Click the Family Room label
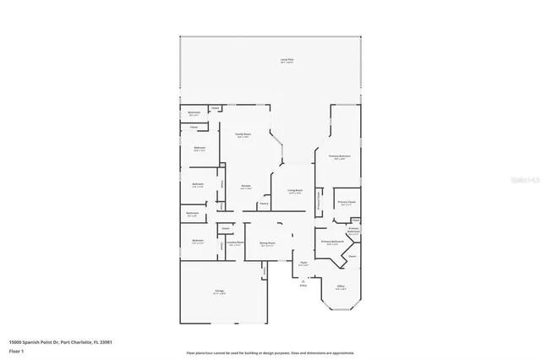243,134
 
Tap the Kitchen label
245,187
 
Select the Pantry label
264,203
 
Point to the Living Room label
294,191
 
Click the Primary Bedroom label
339,156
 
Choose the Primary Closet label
347,202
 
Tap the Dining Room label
267,243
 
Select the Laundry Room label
235,243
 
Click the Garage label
219,292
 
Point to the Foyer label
303,263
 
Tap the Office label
340,286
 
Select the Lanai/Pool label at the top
287,60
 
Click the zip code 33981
107,341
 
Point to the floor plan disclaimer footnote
270,352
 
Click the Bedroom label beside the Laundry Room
198,241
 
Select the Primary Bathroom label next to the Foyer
331,242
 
